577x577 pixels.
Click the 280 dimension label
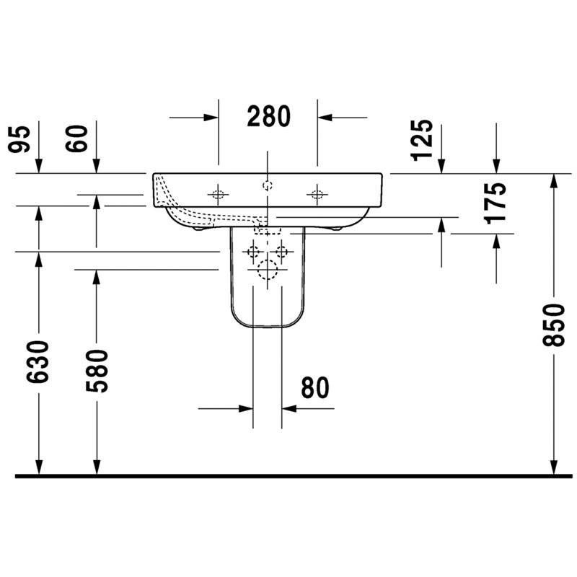pos(268,117)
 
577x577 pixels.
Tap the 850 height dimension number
pos(553,325)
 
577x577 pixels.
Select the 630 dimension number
pos(38,362)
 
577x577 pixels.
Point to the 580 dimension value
pos(97,371)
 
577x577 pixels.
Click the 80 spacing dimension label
pos(315,388)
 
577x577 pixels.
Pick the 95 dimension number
pos(19,138)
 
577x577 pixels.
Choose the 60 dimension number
pos(76,138)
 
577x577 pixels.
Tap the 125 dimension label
pos(422,140)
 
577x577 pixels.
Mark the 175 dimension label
pos(495,203)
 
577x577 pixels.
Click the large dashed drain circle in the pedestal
pos(268,269)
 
